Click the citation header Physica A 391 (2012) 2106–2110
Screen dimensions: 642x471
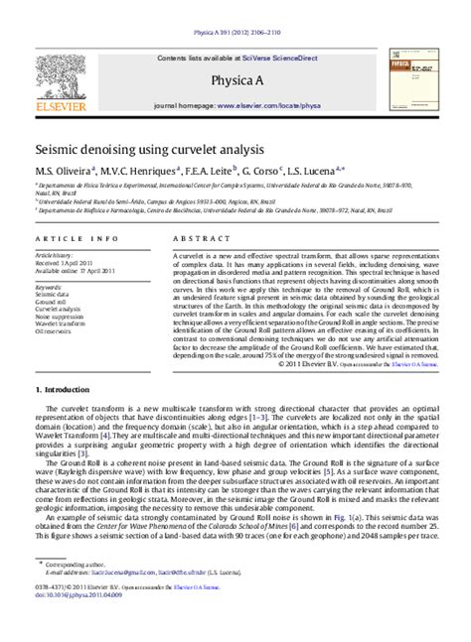pos(235,6)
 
